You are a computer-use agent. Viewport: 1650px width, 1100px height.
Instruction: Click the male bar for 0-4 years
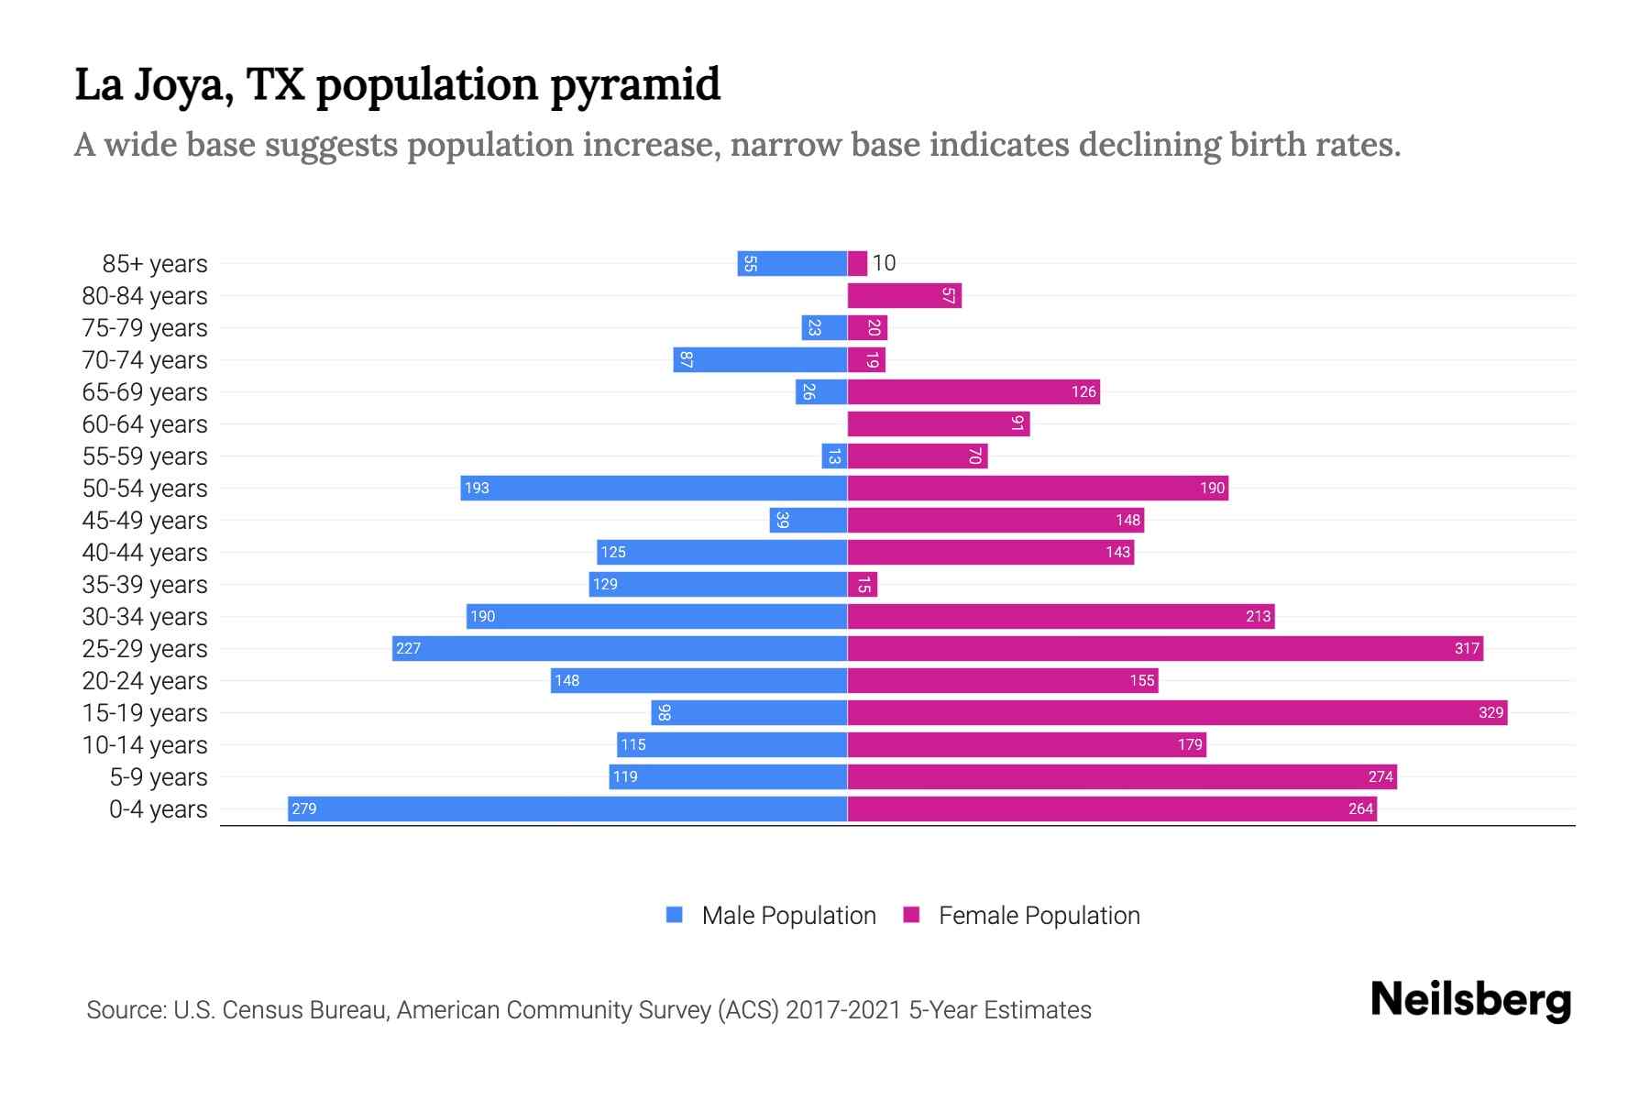tap(566, 808)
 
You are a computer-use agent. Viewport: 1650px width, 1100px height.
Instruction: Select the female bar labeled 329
tap(1177, 712)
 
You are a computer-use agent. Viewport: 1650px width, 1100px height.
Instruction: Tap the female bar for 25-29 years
tap(1164, 648)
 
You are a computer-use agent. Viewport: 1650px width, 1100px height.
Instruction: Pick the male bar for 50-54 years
tap(654, 488)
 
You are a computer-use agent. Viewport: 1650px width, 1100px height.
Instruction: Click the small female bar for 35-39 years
tap(863, 584)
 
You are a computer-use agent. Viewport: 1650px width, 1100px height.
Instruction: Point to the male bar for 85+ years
tap(792, 263)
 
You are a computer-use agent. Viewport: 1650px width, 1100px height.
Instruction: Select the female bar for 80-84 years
tap(904, 295)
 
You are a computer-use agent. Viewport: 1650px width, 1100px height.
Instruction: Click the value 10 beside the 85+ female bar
tap(884, 263)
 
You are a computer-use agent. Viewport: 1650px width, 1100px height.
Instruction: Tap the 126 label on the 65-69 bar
tap(1083, 391)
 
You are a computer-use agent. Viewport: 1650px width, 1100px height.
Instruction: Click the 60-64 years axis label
tap(145, 424)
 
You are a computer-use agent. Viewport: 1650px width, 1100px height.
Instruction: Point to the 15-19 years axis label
tap(145, 713)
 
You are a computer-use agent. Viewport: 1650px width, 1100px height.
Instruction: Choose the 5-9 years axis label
tap(159, 777)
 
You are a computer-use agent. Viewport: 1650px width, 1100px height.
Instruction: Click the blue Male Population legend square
tap(675, 915)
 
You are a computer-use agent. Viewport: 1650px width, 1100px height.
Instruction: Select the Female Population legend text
tap(1039, 916)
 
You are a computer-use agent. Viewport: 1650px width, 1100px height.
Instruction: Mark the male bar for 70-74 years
tap(760, 359)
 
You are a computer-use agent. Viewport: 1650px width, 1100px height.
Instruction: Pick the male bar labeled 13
tap(834, 456)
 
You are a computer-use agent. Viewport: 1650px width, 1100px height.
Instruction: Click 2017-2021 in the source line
tap(842, 1010)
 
